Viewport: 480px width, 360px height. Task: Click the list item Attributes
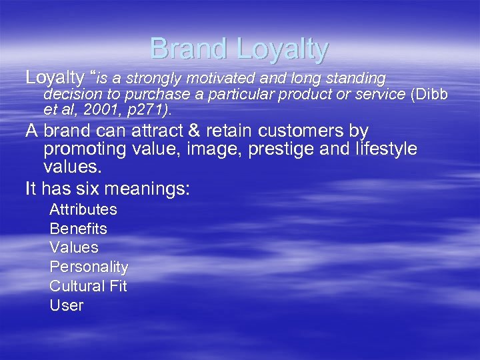[83, 209]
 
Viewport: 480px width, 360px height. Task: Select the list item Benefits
[78, 229]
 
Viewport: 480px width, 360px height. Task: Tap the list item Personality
[89, 267]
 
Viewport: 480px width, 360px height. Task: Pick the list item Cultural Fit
[88, 286]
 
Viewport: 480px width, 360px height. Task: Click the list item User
[67, 305]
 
